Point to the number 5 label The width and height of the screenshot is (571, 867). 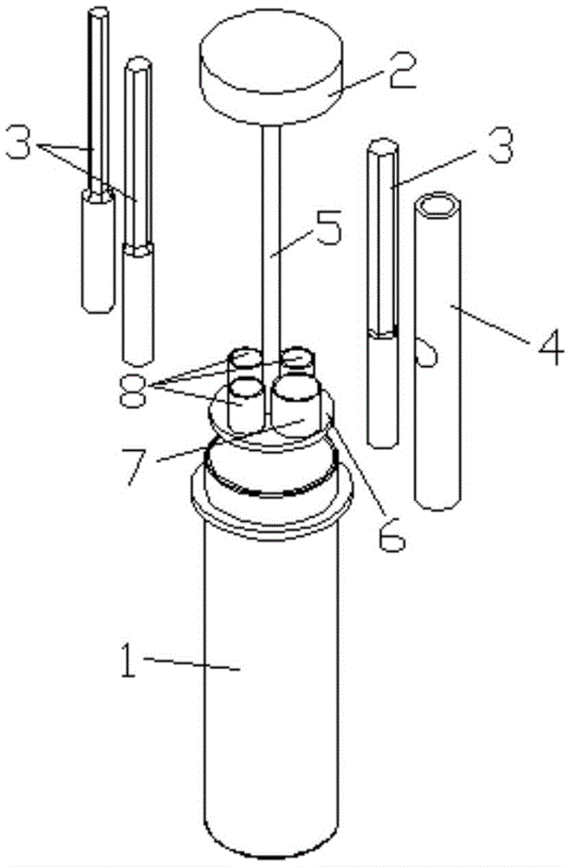pos(327,226)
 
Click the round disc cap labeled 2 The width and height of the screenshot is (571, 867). pos(271,74)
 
